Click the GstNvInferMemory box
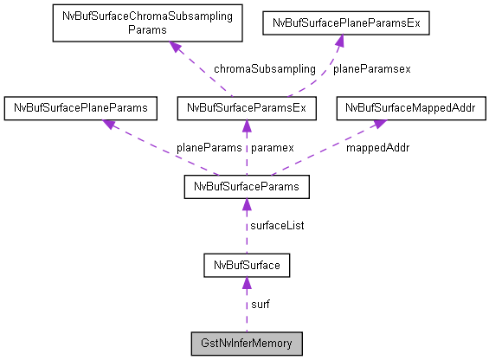(247, 343)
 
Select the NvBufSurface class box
(247, 264)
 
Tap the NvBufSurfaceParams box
(247, 185)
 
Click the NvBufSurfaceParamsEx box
(247, 108)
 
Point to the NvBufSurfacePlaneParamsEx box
(345, 23)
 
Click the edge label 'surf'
(261, 304)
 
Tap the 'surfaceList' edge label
(277, 225)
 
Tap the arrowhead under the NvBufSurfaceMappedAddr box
(379, 124)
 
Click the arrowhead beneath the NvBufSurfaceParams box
(247, 203)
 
